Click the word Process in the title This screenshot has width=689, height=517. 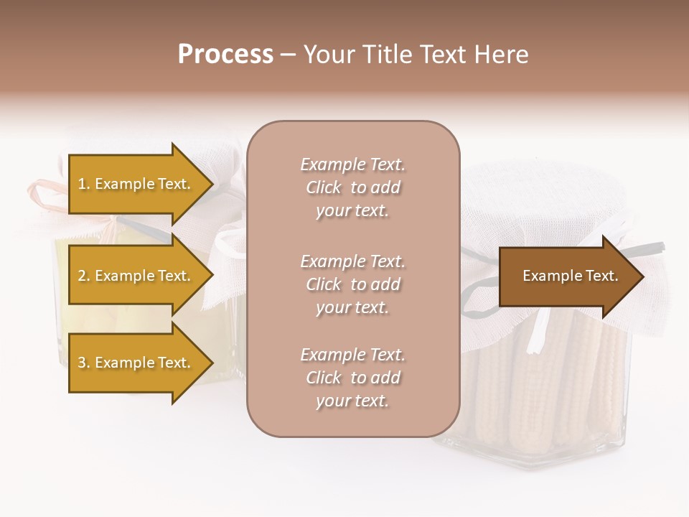pyautogui.click(x=225, y=55)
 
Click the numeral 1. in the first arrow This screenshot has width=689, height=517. pyautogui.click(x=84, y=184)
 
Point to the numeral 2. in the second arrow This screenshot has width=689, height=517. pyautogui.click(x=84, y=276)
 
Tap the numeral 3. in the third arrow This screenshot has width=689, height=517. pyautogui.click(x=84, y=363)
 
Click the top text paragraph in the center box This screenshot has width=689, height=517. pyautogui.click(x=352, y=187)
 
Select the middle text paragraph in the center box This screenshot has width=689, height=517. pyautogui.click(x=352, y=284)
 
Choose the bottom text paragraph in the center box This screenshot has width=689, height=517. pyautogui.click(x=352, y=378)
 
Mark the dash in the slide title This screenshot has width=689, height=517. pyautogui.click(x=288, y=55)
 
